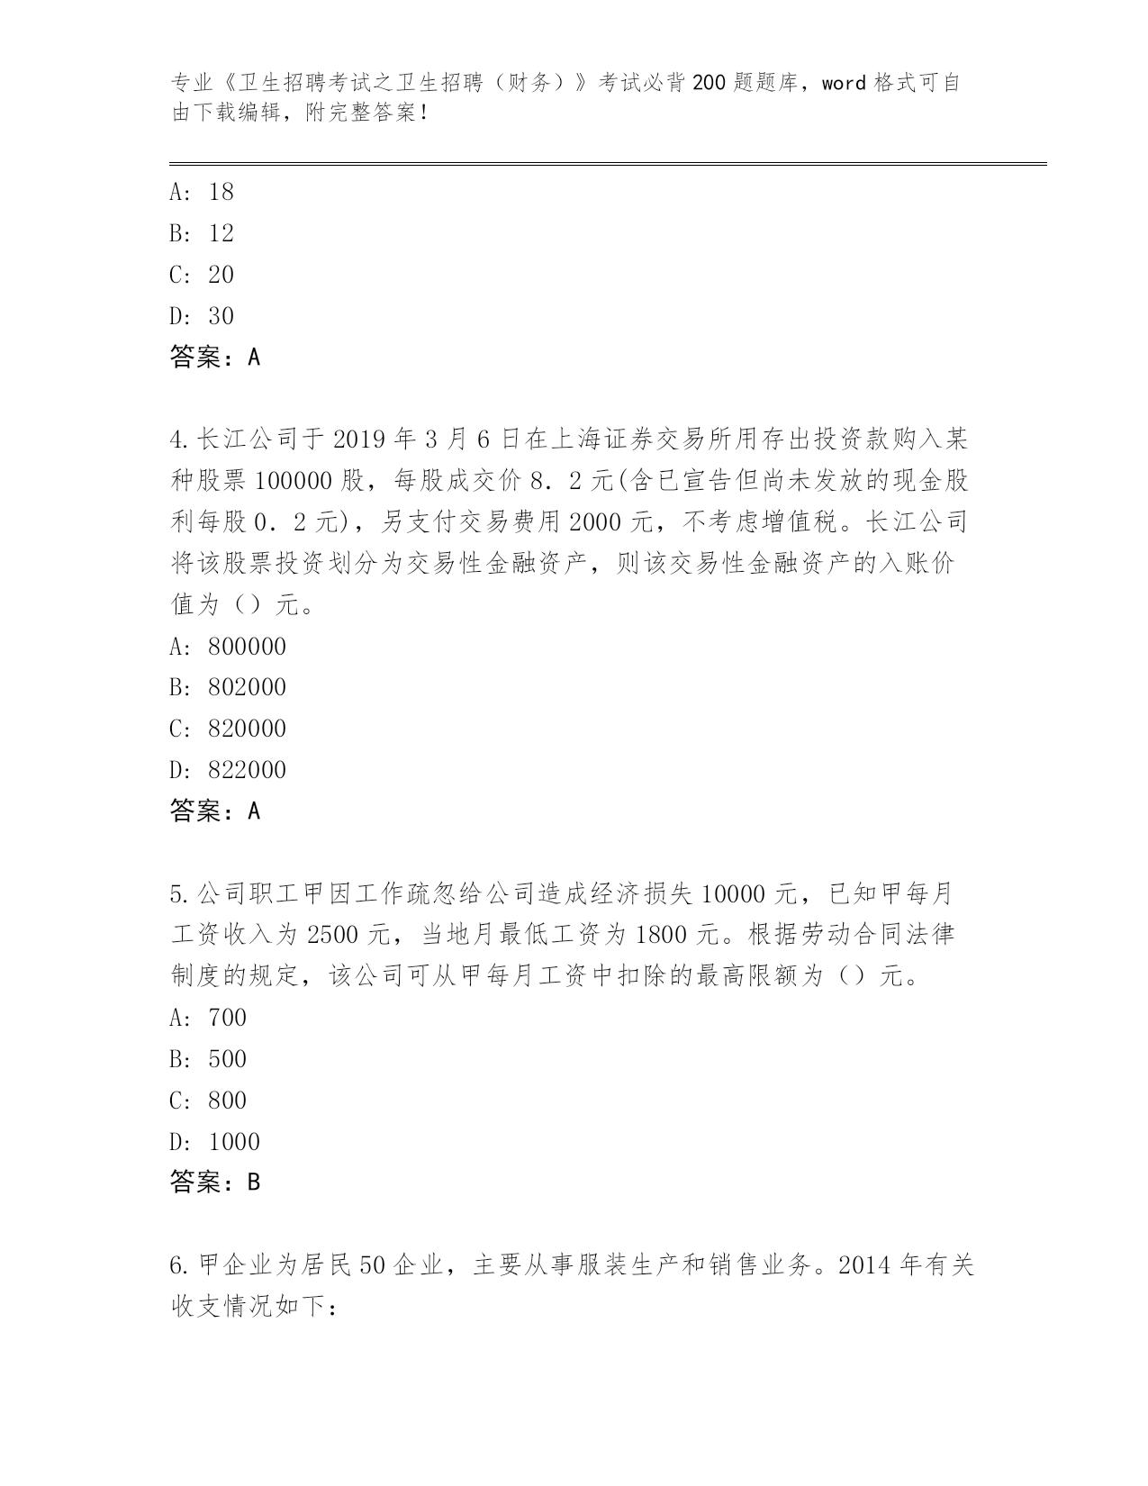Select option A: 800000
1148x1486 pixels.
[228, 647]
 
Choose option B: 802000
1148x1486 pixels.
[228, 687]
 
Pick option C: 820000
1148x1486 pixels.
[228, 729]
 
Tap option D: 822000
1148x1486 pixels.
[228, 770]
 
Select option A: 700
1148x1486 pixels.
[208, 1018]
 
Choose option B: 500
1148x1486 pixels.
[208, 1059]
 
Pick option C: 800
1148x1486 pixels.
[208, 1101]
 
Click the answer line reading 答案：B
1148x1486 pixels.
[215, 1182]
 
